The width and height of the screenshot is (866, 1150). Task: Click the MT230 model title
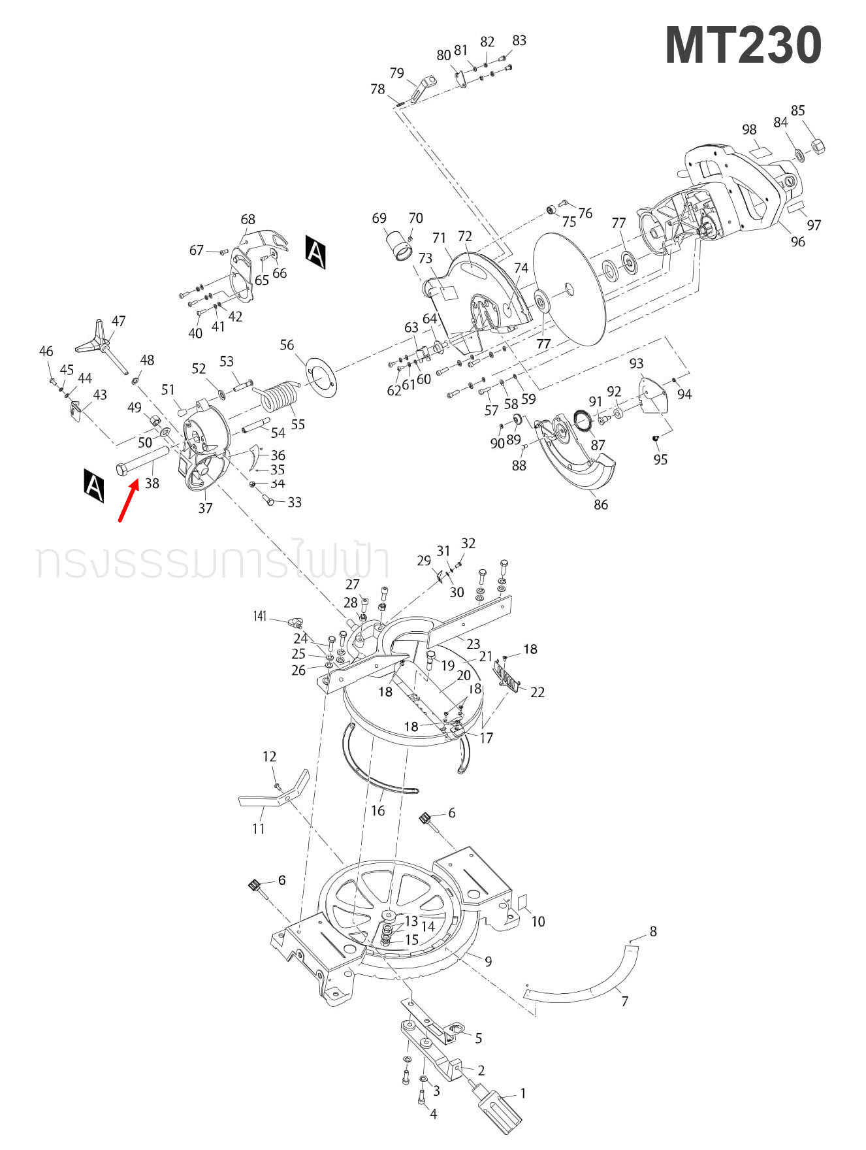743,45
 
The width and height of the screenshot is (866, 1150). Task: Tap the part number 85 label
797,110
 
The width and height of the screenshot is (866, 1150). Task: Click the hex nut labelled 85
818,146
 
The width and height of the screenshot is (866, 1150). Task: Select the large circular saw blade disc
569,289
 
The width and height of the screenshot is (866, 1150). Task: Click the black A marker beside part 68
315,252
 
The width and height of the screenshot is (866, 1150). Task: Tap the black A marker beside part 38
94,485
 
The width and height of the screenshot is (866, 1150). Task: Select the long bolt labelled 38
143,460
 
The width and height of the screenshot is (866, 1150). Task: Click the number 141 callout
260,616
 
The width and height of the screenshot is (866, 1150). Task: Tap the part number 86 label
601,504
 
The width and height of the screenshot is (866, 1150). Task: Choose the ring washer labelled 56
320,376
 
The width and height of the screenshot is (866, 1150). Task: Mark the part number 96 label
797,242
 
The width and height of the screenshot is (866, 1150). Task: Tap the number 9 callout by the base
488,961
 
